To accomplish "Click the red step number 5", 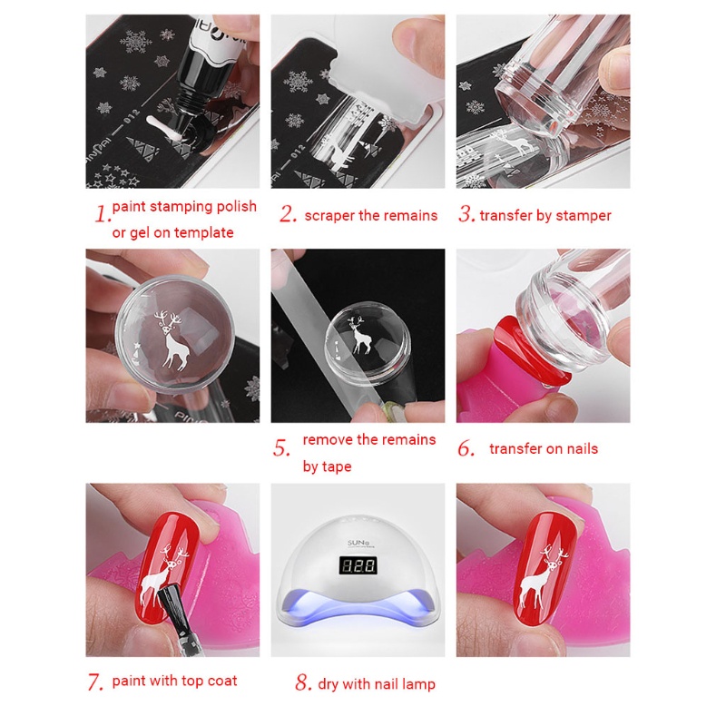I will [x=282, y=448].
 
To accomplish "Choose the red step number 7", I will [x=95, y=682].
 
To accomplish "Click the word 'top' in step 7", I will [x=186, y=682].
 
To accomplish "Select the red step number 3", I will [x=466, y=215].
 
